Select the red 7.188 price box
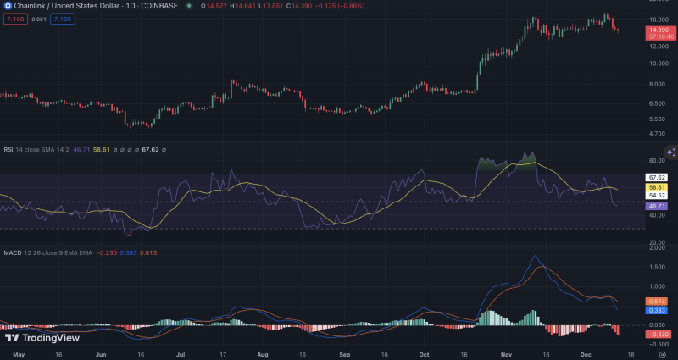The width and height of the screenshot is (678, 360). tap(14, 18)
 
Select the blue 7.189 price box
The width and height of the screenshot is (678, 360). tap(62, 18)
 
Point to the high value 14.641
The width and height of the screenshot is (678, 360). tap(250, 7)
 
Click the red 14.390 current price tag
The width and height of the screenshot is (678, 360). tap(661, 30)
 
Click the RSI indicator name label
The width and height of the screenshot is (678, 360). tap(8, 149)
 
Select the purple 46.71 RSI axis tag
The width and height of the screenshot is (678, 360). tap(658, 206)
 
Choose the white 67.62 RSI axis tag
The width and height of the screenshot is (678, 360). tap(658, 178)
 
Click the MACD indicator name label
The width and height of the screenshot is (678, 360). tap(12, 252)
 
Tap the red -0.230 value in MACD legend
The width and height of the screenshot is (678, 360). tap(107, 252)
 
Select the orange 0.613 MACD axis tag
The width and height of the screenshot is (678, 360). tap(658, 302)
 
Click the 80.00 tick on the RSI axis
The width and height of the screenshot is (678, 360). tap(658, 159)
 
